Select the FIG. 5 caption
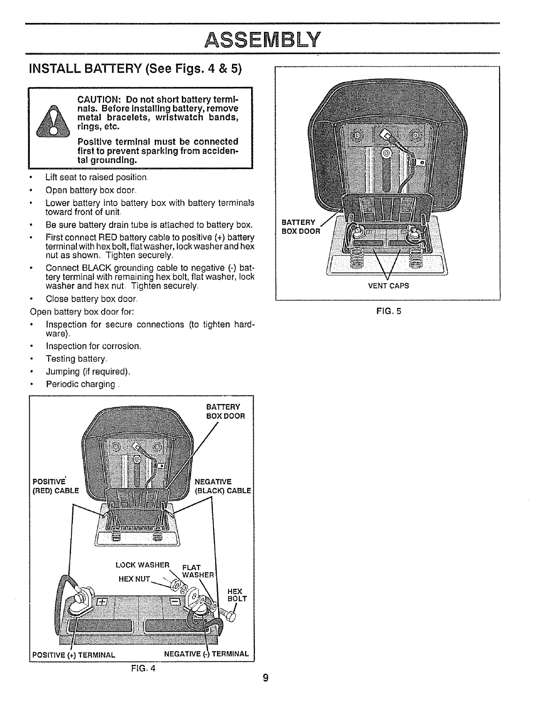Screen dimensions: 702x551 388,311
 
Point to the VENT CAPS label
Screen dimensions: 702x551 388,286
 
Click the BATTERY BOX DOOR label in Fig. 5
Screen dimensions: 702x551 301,227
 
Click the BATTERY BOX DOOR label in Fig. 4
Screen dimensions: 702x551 225,411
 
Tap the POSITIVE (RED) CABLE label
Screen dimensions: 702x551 55,486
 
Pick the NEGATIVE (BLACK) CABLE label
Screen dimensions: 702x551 223,486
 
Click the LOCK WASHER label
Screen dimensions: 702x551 142,565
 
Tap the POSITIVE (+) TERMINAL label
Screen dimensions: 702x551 74,655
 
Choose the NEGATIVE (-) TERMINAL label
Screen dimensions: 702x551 206,654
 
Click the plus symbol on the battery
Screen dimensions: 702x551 102,602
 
